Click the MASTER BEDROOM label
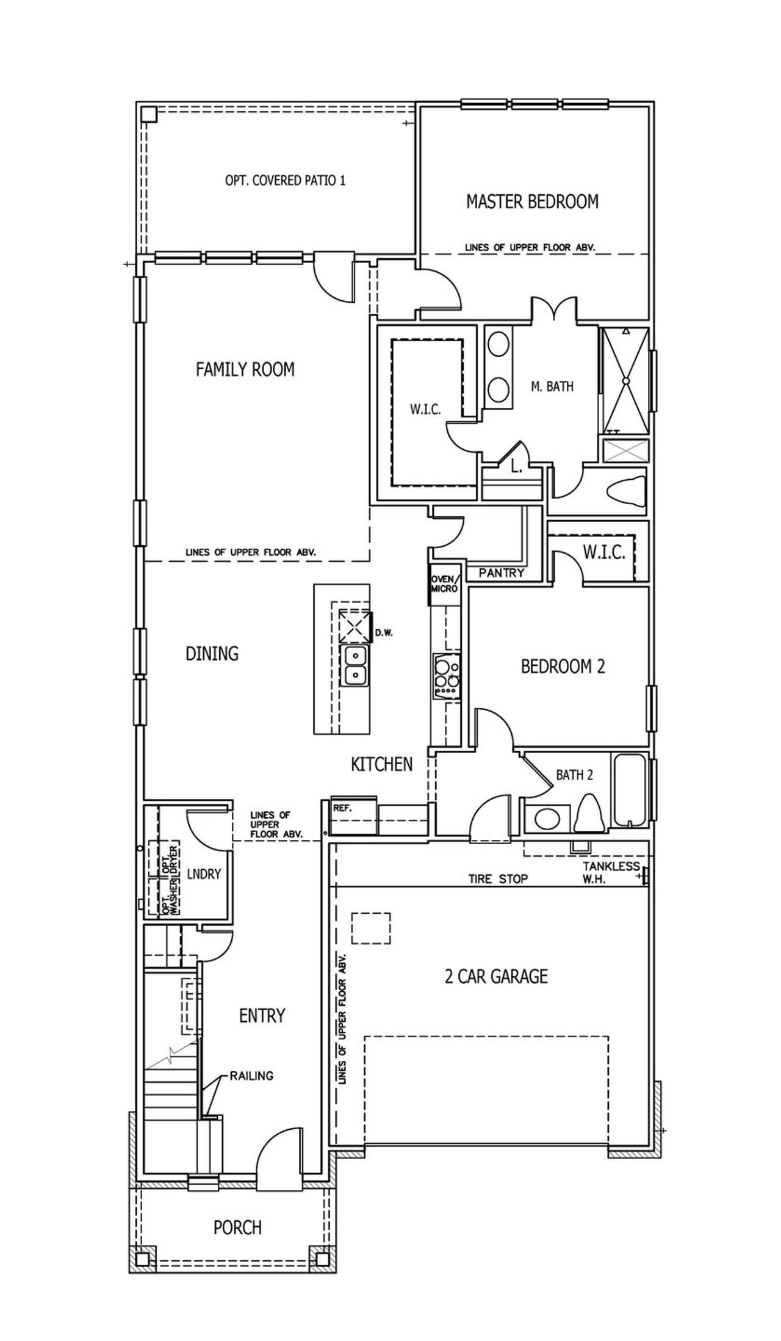tap(532, 201)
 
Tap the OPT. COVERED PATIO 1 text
tap(285, 181)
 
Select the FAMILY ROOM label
tap(245, 369)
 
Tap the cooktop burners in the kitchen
tap(447, 674)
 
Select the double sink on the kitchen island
tap(355, 665)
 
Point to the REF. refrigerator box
tap(353, 815)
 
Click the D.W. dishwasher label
tap(383, 633)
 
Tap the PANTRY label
tap(502, 573)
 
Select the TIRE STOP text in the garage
tap(498, 879)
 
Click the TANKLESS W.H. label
tap(610, 872)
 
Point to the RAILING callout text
tap(251, 1075)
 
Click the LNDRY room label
tap(204, 874)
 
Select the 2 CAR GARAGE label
tap(495, 976)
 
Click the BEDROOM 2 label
tap(563, 666)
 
